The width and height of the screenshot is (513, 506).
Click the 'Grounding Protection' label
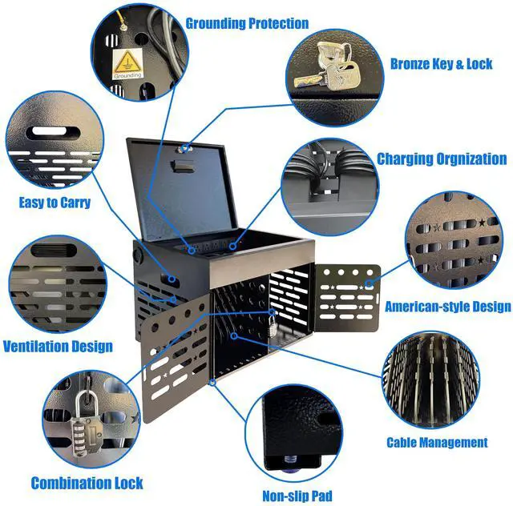click(247, 23)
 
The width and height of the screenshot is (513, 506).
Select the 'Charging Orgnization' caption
click(442, 159)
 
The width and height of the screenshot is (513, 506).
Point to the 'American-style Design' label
click(447, 306)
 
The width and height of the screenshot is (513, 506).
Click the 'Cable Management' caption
click(437, 442)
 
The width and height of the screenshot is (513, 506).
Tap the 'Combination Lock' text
click(87, 483)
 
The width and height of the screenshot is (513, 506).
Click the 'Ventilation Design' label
click(58, 347)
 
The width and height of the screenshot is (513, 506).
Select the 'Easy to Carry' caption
click(55, 203)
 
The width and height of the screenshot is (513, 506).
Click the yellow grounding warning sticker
click(127, 62)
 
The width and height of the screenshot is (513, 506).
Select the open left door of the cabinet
click(172, 360)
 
